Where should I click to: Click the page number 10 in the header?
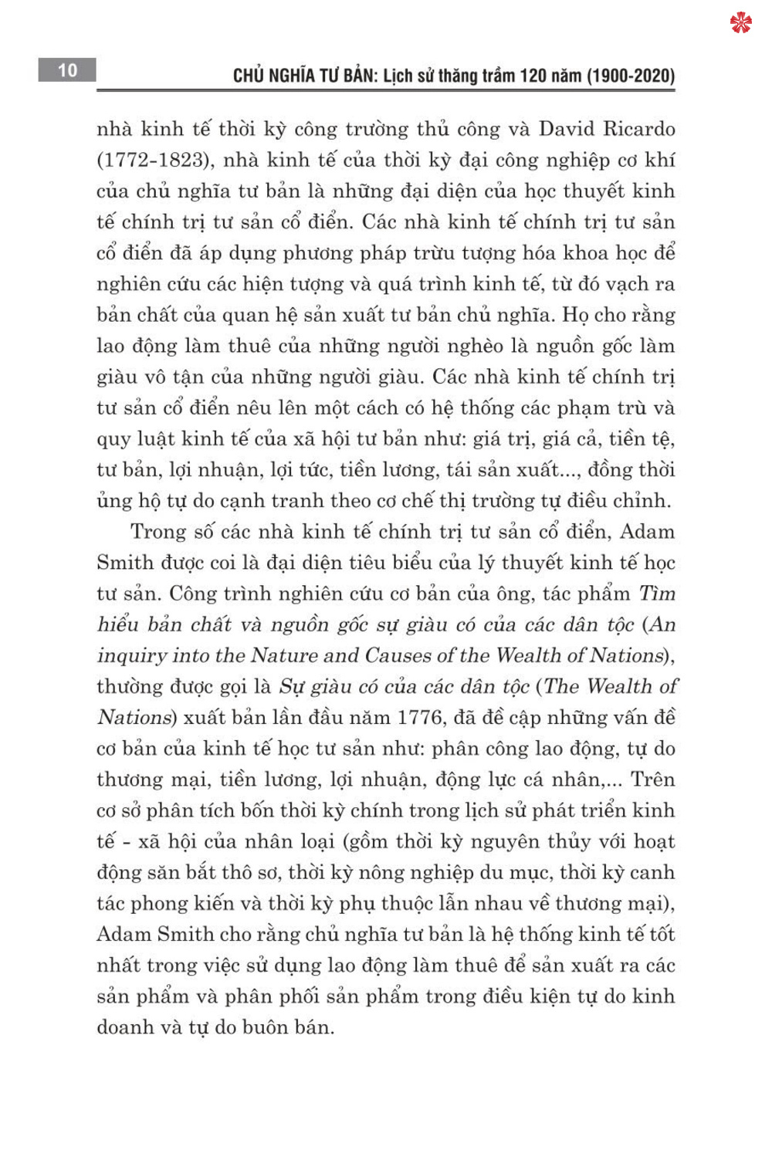click(x=68, y=70)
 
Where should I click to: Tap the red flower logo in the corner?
click(x=740, y=23)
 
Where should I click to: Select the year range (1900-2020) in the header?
click(x=631, y=76)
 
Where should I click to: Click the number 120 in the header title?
click(x=532, y=76)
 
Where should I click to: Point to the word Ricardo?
click(x=638, y=129)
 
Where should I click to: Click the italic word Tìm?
click(x=657, y=594)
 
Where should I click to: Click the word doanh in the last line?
click(x=125, y=1027)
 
